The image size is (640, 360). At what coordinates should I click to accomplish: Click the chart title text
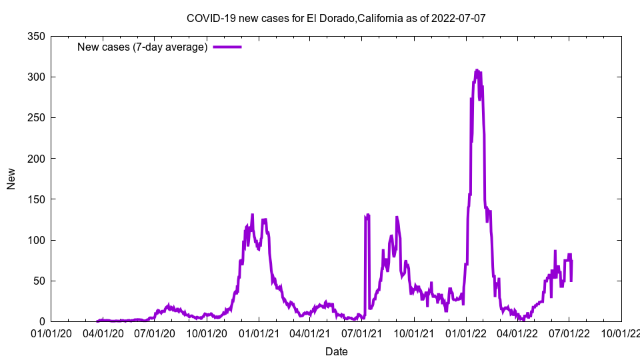click(336, 18)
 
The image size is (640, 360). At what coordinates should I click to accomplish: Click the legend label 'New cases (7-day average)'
click(142, 47)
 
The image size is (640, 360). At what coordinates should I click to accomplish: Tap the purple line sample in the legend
click(227, 47)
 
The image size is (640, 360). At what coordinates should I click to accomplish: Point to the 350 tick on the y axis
click(37, 36)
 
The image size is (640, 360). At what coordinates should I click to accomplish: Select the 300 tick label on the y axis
click(37, 77)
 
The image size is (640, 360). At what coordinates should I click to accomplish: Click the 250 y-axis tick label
click(37, 117)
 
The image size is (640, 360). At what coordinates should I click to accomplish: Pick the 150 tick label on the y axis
click(37, 199)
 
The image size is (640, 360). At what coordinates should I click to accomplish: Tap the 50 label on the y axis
click(39, 281)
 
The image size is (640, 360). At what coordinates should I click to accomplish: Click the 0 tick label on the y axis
click(42, 321)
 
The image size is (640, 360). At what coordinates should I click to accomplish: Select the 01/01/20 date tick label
click(51, 332)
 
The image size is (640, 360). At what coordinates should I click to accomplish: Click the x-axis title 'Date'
click(336, 351)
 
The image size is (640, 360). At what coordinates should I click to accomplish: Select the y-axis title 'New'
click(11, 179)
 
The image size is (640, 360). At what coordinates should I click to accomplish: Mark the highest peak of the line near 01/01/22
click(477, 70)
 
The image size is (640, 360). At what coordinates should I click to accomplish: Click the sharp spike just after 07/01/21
click(367, 215)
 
